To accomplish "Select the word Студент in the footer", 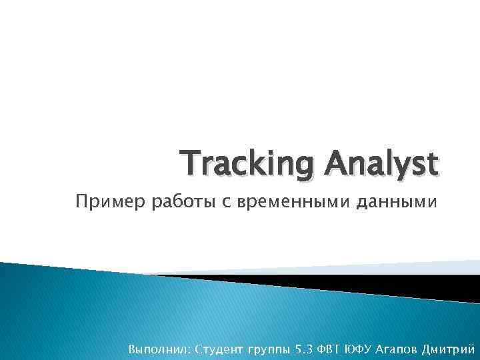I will [x=219, y=348].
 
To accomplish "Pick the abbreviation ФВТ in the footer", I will [x=329, y=348].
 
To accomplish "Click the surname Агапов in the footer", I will [x=393, y=348].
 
